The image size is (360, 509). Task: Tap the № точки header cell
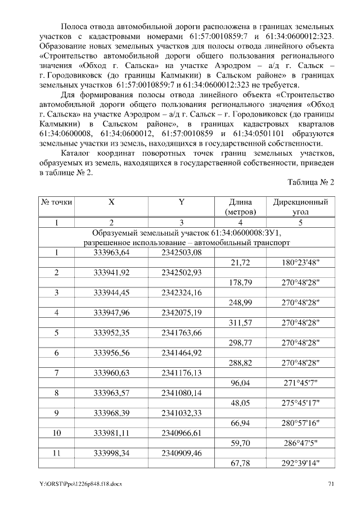pyautogui.click(x=57, y=202)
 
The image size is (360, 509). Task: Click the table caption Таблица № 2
pyautogui.click(x=310, y=183)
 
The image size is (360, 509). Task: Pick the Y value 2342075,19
pyautogui.click(x=181, y=312)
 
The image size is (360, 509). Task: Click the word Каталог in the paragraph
pyautogui.click(x=79, y=154)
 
